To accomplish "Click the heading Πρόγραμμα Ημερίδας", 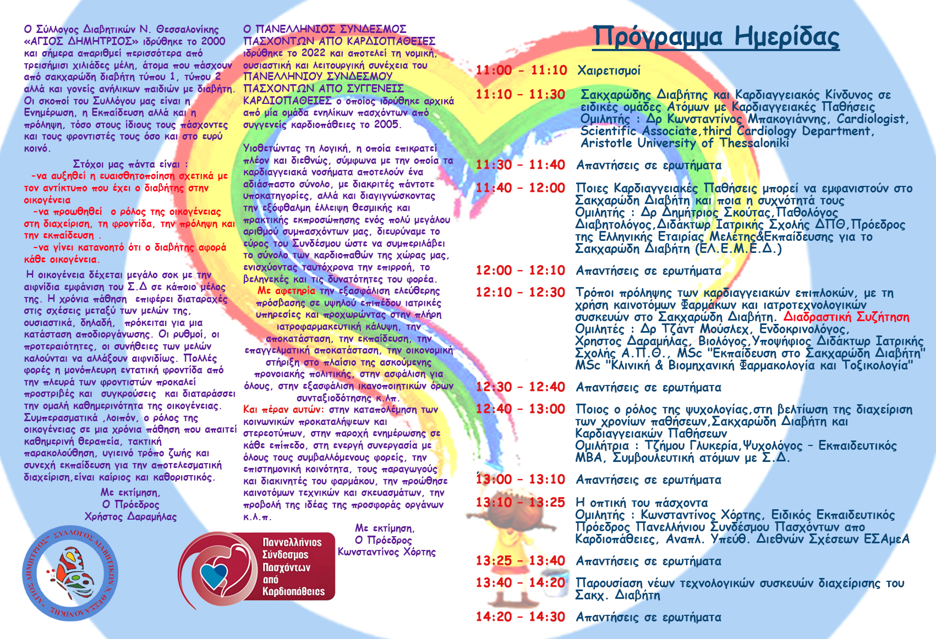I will pyautogui.click(x=716, y=37).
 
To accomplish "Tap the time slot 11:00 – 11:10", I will pyautogui.click(x=521, y=70).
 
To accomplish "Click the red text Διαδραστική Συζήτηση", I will pyautogui.click(x=846, y=317).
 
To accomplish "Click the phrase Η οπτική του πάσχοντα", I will pyautogui.click(x=641, y=503).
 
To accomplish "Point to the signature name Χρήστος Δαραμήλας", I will pyautogui.click(x=130, y=516).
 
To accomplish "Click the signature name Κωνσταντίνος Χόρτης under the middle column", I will pyautogui.click(x=386, y=552).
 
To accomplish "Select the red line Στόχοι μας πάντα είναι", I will pyautogui.click(x=130, y=164).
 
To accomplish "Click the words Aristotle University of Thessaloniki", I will pyautogui.click(x=685, y=143).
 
